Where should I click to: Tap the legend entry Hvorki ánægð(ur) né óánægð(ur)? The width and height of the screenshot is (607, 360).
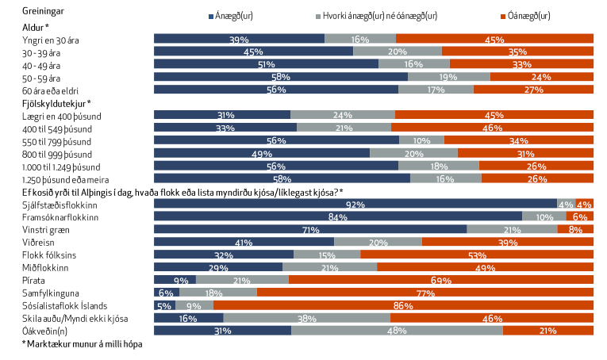coord(380,15)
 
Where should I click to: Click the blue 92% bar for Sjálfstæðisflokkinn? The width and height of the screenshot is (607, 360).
coord(355,204)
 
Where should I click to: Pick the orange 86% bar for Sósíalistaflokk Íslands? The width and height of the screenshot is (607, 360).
coord(403,305)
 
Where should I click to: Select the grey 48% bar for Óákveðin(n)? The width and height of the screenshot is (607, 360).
coord(397,331)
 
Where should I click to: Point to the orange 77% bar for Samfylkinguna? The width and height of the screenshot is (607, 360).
coord(425,293)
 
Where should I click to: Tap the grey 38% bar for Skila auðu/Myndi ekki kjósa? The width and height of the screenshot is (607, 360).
coord(306,318)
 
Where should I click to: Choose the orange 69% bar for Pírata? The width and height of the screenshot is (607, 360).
coord(441,280)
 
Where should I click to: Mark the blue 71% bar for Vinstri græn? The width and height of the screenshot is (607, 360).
coord(309,229)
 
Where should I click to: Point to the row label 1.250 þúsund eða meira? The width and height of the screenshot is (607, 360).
coord(60,178)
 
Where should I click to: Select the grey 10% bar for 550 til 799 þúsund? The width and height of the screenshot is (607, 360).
coord(421,140)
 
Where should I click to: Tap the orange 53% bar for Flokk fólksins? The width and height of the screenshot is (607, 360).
coord(477,255)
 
